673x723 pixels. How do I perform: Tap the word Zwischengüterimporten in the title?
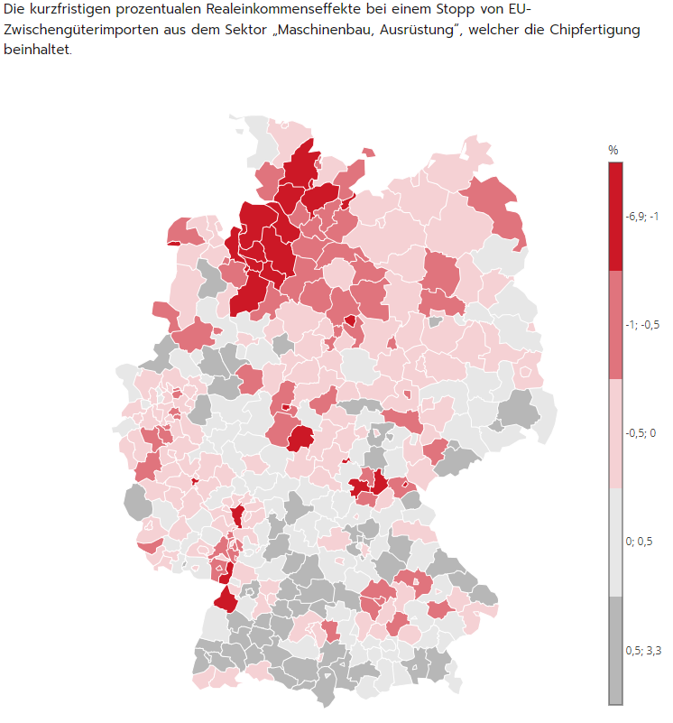[76, 30]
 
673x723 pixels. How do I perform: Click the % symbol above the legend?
[613, 150]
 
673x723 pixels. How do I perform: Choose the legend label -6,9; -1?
[642, 217]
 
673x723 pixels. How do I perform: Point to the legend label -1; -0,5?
[642, 325]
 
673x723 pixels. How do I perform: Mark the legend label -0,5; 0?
[641, 433]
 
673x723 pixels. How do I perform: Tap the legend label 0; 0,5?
[639, 542]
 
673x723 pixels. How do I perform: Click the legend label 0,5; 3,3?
[642, 650]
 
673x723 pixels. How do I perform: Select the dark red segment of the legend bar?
[615, 217]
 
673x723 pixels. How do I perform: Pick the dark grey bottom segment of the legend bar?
[615, 650]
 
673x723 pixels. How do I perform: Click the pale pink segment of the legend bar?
[615, 433]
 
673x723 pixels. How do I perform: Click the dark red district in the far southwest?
[224, 599]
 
